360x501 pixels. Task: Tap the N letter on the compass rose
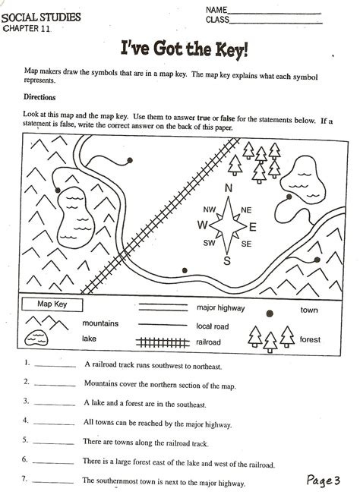pyautogui.click(x=227, y=190)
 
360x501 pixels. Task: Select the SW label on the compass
pyautogui.click(x=206, y=243)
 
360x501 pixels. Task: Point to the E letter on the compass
pyautogui.click(x=253, y=225)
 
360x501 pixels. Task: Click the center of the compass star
pyautogui.click(x=227, y=225)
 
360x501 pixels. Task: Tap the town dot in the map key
pyautogui.click(x=267, y=312)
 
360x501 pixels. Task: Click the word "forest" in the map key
pyautogui.click(x=311, y=339)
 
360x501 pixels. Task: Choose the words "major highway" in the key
pyautogui.click(x=220, y=308)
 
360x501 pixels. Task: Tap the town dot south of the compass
pyautogui.click(x=185, y=269)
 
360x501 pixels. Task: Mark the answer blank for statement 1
pyautogui.click(x=55, y=365)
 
